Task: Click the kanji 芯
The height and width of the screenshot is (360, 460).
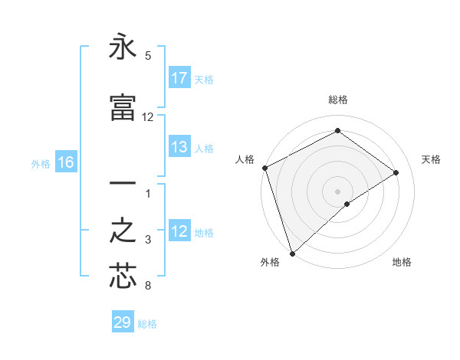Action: [x=123, y=277]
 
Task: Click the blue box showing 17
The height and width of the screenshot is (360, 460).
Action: [x=179, y=78]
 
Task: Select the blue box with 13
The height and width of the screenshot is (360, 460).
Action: [x=179, y=148]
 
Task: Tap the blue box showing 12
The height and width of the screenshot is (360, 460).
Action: [x=179, y=232]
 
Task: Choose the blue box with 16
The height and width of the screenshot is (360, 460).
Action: [x=65, y=162]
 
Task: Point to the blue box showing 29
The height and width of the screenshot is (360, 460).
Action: [x=123, y=322]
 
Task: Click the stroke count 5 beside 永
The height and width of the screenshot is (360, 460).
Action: [x=148, y=56]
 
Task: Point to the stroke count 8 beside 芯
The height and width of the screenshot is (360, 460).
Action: [x=148, y=286]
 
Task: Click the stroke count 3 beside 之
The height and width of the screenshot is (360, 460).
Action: [x=148, y=241]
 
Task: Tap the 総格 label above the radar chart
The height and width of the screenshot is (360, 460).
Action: [x=338, y=100]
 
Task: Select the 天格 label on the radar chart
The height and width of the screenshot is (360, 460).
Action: [x=432, y=159]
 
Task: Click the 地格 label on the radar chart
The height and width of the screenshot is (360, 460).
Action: [x=402, y=262]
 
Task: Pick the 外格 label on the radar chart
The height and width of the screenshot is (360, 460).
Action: [x=270, y=262]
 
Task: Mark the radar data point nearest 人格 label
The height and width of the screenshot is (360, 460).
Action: [x=264, y=168]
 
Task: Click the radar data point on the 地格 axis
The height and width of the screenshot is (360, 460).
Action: [x=347, y=204]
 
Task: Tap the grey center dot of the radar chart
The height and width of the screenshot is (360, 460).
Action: [x=337, y=191]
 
